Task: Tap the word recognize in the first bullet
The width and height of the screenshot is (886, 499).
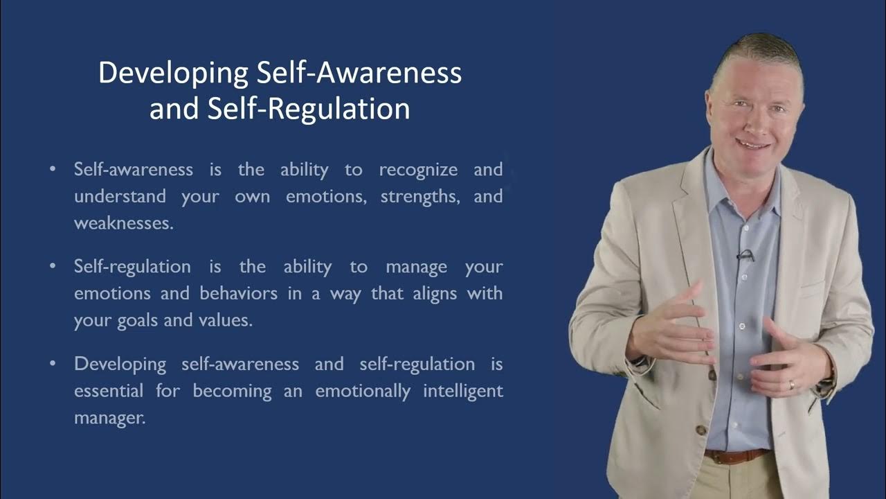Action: click(x=418, y=170)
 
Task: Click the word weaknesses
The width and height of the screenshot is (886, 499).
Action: click(x=123, y=224)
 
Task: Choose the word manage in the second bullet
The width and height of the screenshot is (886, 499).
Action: click(x=416, y=267)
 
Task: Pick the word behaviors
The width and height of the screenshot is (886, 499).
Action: click(x=238, y=294)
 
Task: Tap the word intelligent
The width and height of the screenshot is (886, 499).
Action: click(x=463, y=391)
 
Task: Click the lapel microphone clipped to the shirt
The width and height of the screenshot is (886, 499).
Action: click(x=745, y=255)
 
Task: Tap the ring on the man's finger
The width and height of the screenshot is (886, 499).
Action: click(x=792, y=385)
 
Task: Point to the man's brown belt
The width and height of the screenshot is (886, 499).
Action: click(x=736, y=456)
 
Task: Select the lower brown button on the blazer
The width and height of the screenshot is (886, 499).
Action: click(x=701, y=430)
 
